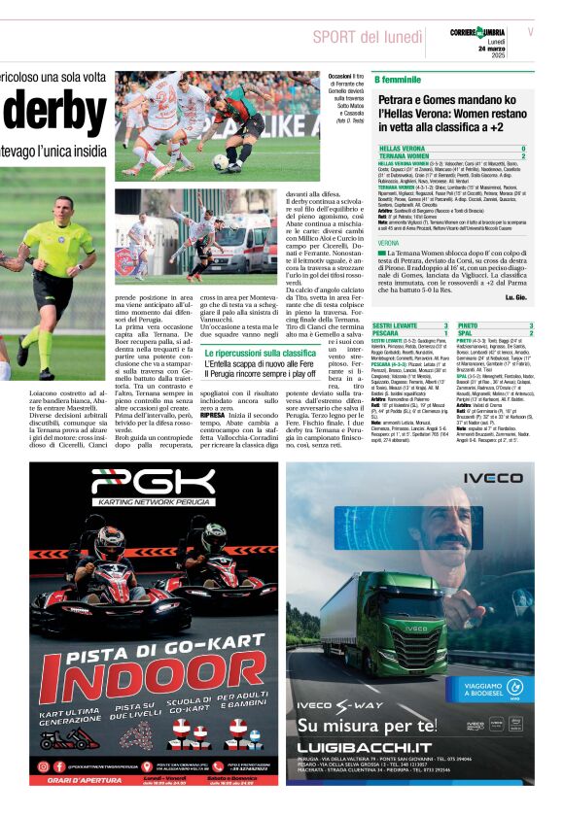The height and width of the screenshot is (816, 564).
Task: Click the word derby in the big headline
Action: (48, 111)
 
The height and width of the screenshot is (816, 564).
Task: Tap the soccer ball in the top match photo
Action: (221, 162)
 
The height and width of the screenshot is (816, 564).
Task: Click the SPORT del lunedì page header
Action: (373, 37)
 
